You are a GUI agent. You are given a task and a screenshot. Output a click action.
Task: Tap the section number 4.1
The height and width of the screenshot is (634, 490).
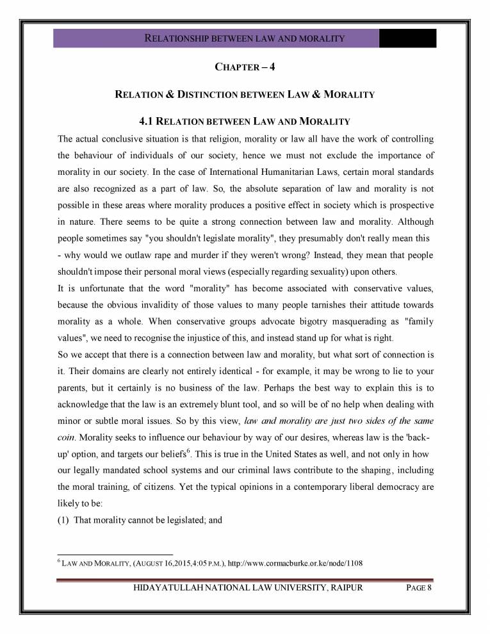pyautogui.click(x=148, y=121)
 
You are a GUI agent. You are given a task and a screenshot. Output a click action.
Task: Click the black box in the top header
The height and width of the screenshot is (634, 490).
pyautogui.click(x=407, y=38)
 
